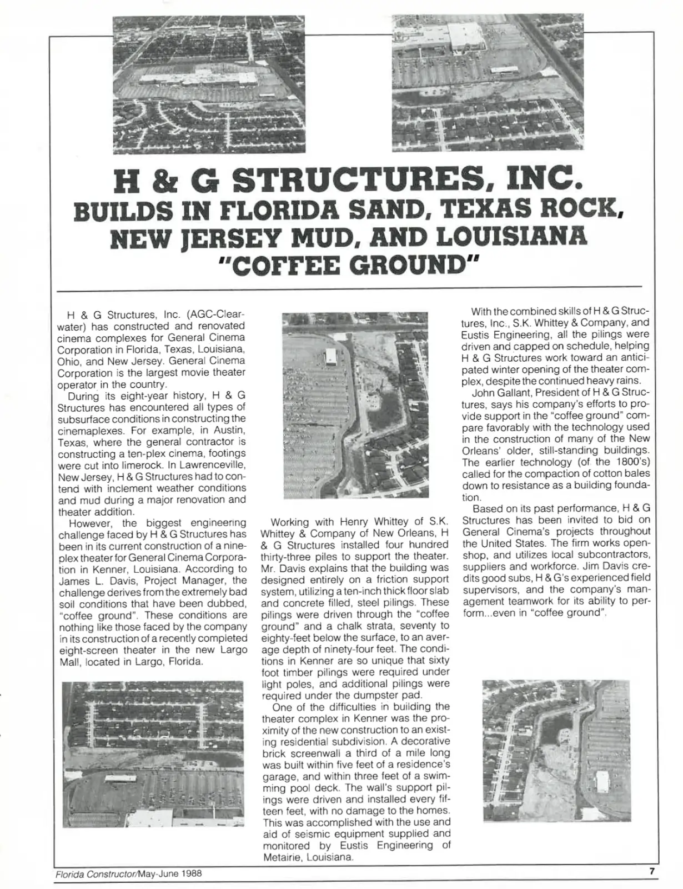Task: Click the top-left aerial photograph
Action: (x=208, y=84)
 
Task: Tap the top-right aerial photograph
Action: (x=488, y=82)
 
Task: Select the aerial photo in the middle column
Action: (x=355, y=405)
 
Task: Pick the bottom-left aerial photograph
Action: (x=153, y=754)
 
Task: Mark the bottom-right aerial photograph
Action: (x=556, y=750)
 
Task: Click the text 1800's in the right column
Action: (x=616, y=462)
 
